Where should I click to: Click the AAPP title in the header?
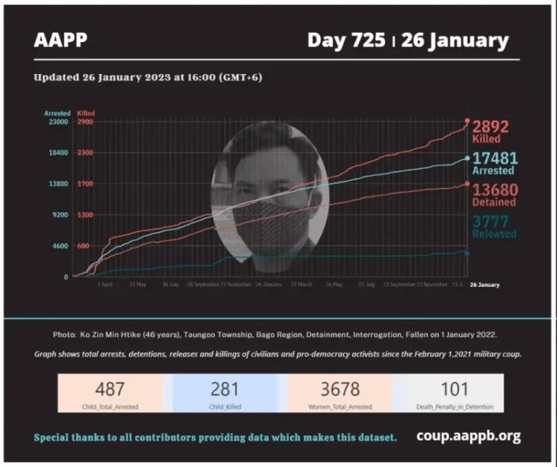[x=60, y=40]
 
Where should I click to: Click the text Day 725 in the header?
[x=346, y=40]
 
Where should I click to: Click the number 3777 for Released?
[x=491, y=221]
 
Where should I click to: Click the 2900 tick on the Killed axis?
[x=85, y=122]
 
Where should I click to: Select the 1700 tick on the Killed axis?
[x=85, y=184]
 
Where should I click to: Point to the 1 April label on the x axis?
[x=105, y=285]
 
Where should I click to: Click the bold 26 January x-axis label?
[x=484, y=285]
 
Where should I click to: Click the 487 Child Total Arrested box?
[x=110, y=393]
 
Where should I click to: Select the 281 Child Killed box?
[x=224, y=393]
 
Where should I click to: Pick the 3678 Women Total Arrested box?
[x=339, y=393]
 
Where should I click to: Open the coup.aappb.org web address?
[x=469, y=436]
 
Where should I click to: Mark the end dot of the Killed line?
[x=467, y=121]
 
